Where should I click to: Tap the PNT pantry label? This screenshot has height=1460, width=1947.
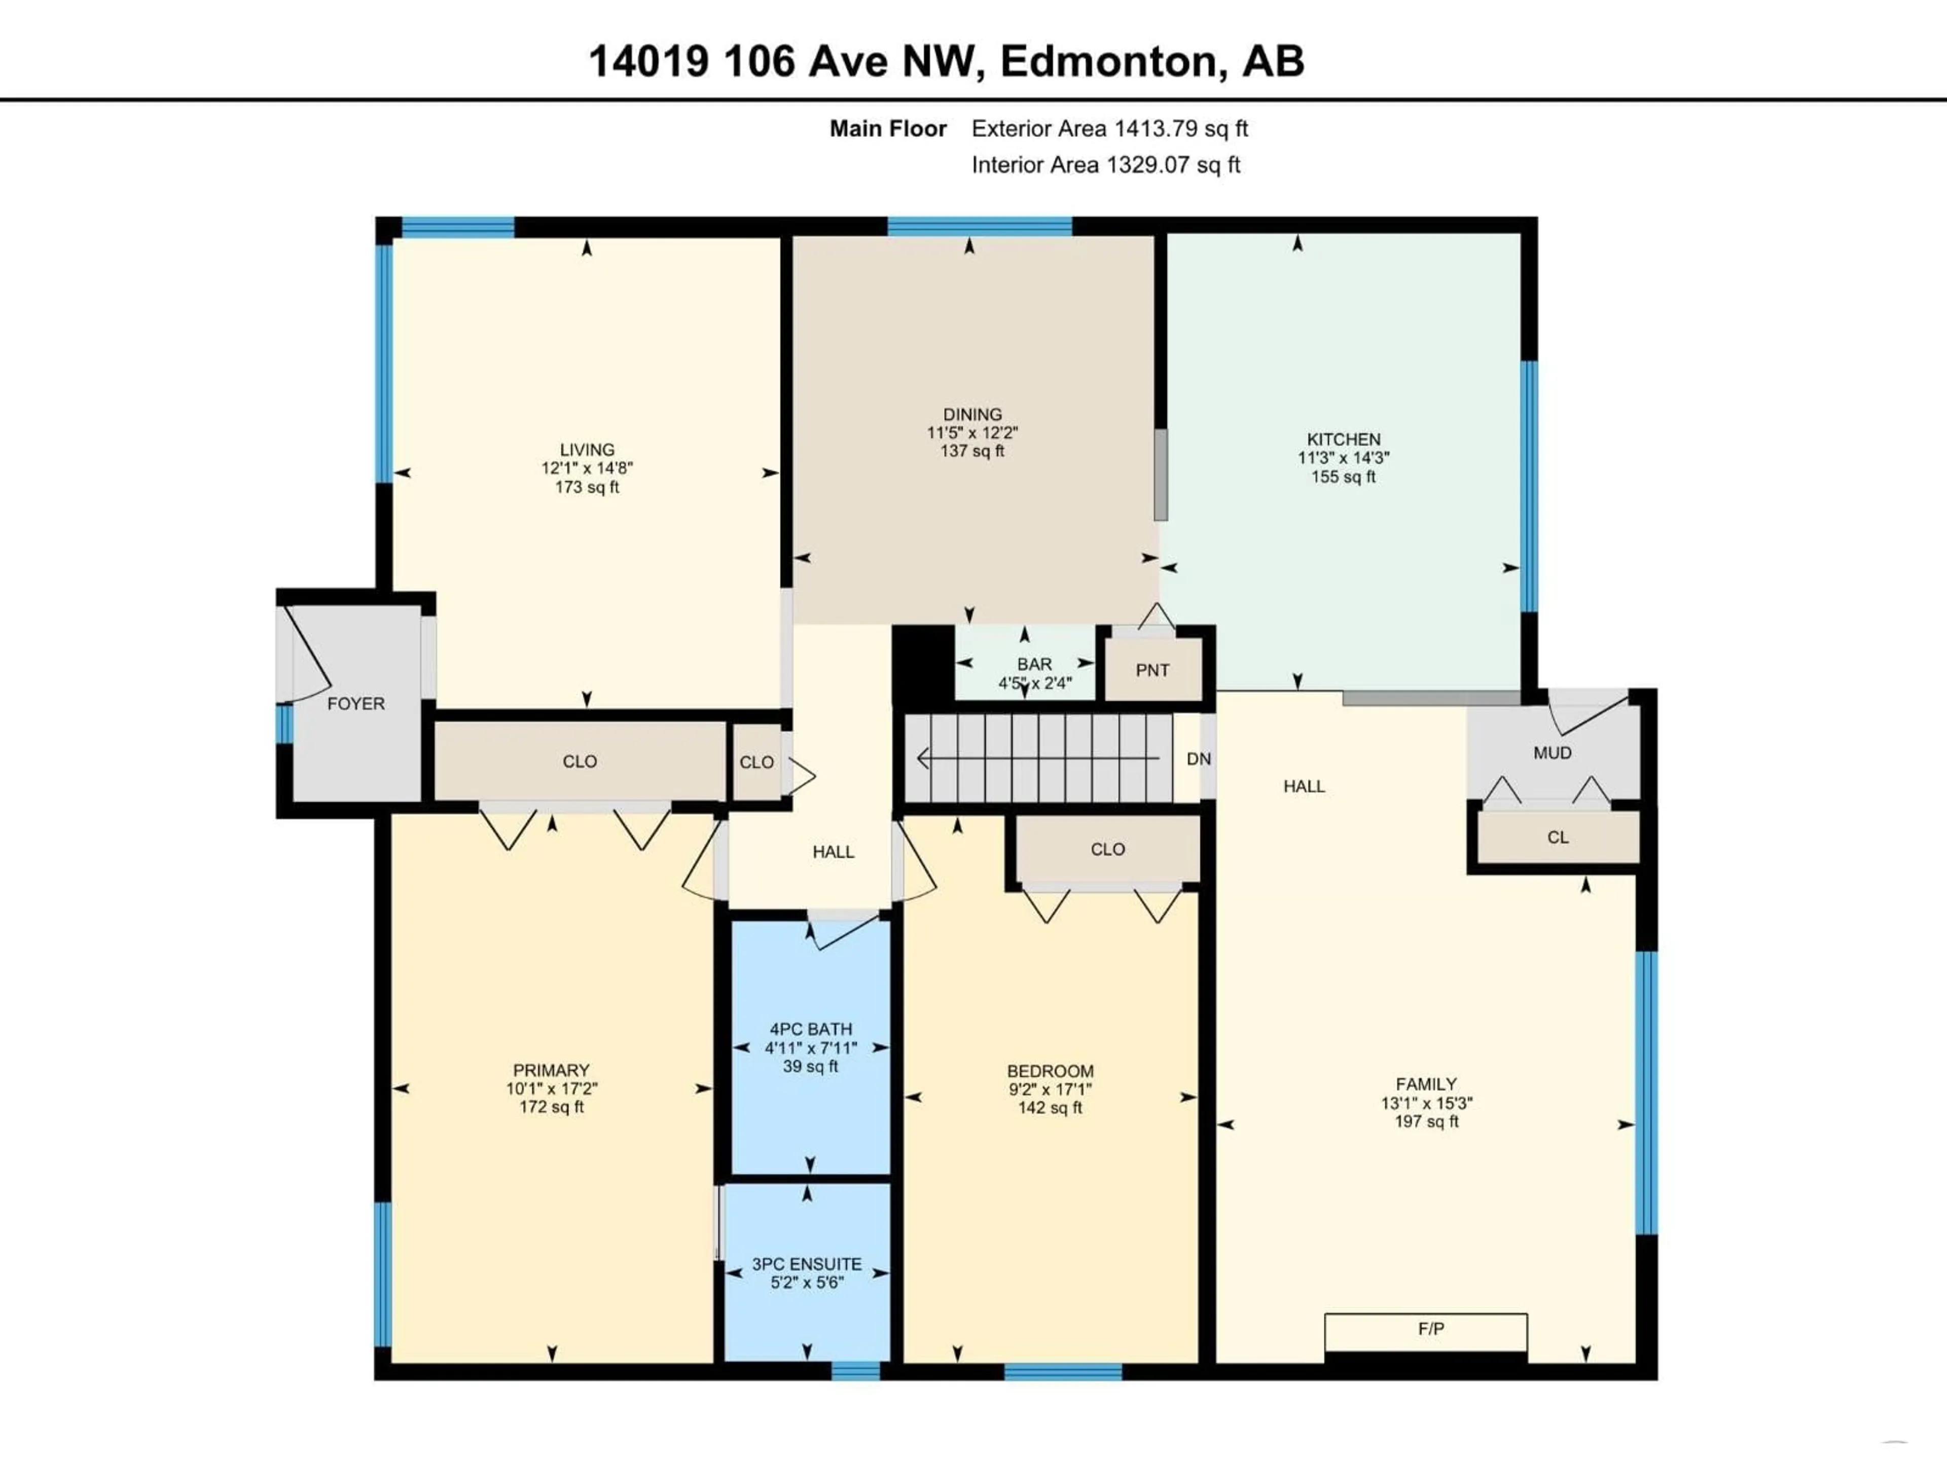click(x=1152, y=671)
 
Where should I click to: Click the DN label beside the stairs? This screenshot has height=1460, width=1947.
click(x=1198, y=758)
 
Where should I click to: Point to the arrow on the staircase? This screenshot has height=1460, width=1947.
click(x=1038, y=758)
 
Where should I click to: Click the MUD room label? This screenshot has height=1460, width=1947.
click(x=1552, y=753)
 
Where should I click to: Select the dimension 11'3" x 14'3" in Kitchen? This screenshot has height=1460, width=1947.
click(x=1343, y=458)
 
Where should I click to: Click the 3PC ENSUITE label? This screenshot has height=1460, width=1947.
click(x=806, y=1264)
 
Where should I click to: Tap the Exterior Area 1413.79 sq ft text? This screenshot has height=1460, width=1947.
click(x=1109, y=128)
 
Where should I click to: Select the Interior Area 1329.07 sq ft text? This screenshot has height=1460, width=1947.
click(x=1105, y=165)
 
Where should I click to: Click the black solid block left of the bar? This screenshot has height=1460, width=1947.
click(x=922, y=662)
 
